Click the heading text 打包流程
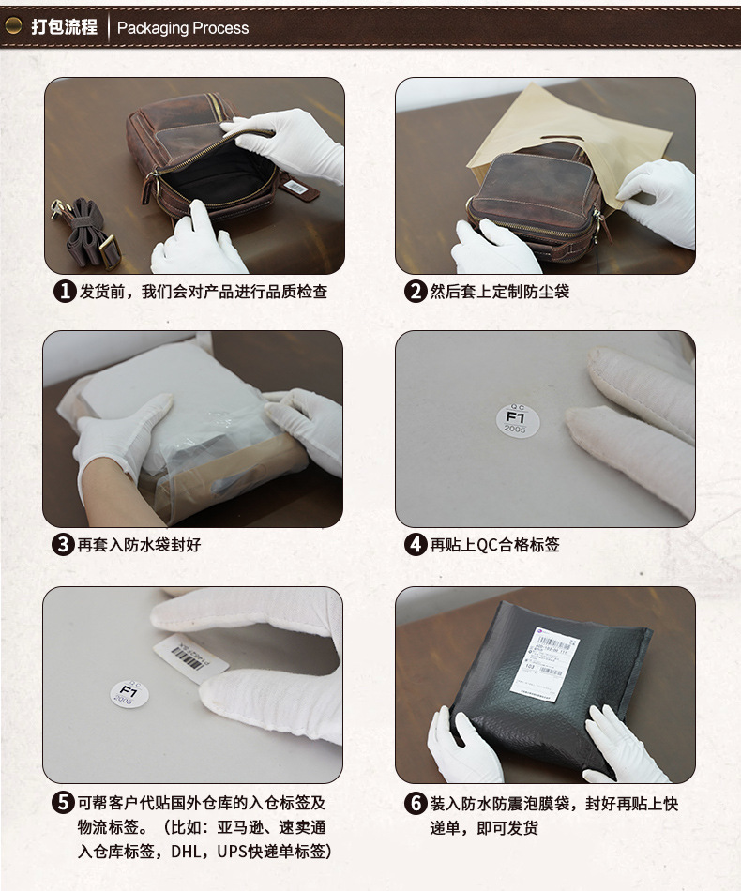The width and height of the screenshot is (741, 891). [x=64, y=26]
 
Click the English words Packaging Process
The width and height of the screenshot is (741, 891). [x=183, y=27]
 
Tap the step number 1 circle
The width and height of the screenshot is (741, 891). [x=64, y=292]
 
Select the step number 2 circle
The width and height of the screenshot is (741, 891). [x=415, y=292]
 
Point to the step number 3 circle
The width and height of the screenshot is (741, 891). [x=64, y=545]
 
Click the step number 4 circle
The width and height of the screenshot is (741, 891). [x=415, y=545]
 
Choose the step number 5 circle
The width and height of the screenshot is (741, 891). [x=64, y=804]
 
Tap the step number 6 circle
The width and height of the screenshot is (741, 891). [x=415, y=804]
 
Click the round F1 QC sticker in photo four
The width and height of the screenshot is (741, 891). [x=515, y=417]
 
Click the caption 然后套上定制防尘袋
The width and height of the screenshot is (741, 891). [x=499, y=292]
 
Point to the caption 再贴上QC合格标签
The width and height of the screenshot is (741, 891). [x=494, y=545]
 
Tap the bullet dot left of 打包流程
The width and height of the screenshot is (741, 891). [x=13, y=26]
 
